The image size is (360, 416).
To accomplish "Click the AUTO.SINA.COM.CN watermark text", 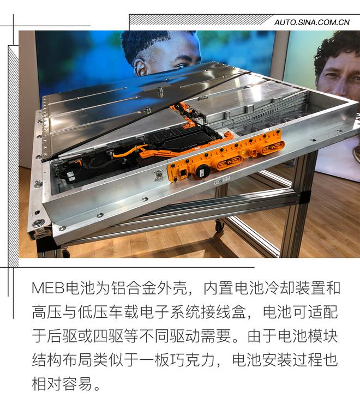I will click(311, 22).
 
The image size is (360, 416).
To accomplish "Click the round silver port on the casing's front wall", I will click(159, 176).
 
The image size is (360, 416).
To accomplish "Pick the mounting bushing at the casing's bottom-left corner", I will click(39, 223).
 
